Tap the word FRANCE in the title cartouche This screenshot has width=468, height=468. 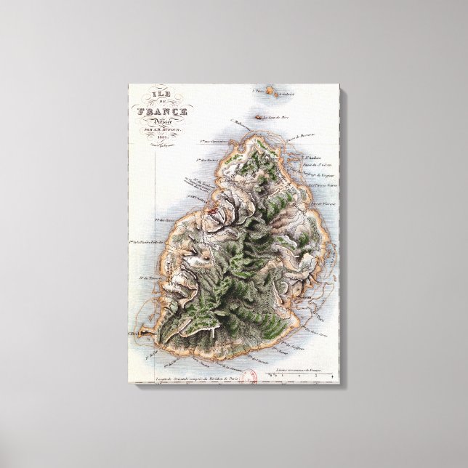[164, 112]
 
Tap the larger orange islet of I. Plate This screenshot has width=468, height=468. [269, 92]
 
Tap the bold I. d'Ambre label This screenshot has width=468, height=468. [314, 158]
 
